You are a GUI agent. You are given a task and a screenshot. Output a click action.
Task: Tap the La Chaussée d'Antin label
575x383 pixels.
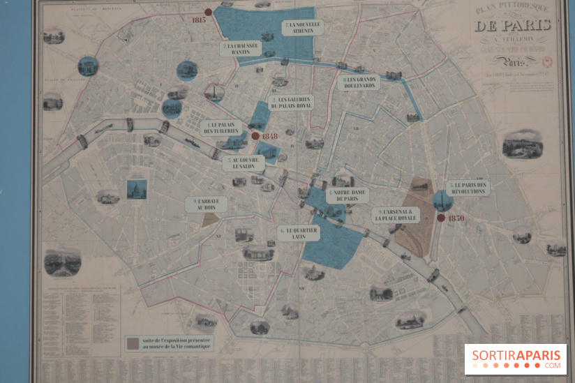pos(241,49)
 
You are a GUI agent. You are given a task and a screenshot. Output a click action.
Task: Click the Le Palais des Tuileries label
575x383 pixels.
pos(222,127)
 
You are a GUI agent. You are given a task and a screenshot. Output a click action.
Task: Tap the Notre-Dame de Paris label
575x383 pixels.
pos(347,195)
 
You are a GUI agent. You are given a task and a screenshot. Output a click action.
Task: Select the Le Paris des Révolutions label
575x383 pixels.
pos(468,188)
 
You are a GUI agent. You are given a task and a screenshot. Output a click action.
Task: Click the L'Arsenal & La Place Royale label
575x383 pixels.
pos(396,215)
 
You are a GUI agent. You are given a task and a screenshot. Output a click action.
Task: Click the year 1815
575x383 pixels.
pos(197,20)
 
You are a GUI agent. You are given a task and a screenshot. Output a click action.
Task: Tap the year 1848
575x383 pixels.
pos(269,136)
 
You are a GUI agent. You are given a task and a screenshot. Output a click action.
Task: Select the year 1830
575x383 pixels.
pos(456,218)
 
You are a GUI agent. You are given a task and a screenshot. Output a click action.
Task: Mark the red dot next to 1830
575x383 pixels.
pos(441,218)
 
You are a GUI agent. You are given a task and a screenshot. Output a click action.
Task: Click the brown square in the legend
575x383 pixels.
pos(133,343)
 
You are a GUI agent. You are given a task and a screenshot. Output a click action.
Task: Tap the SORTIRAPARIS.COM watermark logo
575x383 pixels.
pos(516,359)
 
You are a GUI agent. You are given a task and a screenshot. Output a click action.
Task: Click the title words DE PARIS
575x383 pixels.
pos(512,27)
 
